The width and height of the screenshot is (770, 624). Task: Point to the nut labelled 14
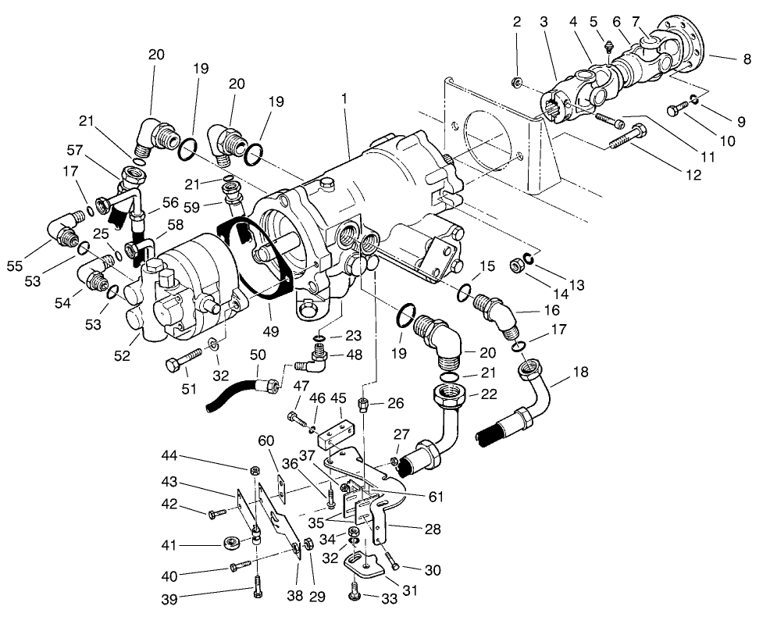pos(516,266)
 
